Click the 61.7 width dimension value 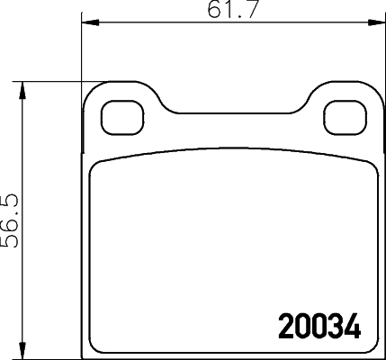[228, 10]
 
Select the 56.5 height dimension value [11, 219]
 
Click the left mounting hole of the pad [119, 114]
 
